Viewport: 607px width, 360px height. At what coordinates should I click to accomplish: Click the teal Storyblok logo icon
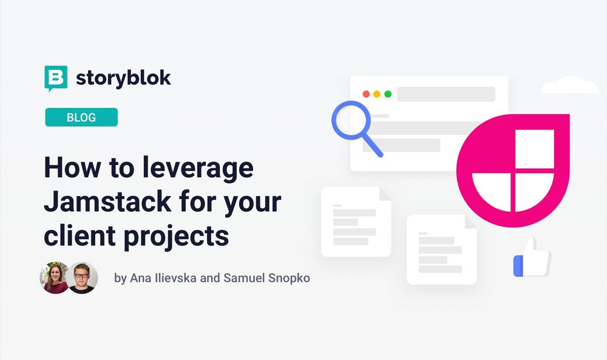pyautogui.click(x=56, y=78)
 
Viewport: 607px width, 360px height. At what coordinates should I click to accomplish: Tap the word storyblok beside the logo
pyautogui.click(x=123, y=78)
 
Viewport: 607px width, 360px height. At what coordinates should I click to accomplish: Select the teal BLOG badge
pyautogui.click(x=81, y=117)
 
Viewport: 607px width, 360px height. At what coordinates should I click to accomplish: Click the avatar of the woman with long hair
pyautogui.click(x=55, y=278)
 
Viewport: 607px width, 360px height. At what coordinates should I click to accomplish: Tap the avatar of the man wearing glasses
pyautogui.click(x=82, y=278)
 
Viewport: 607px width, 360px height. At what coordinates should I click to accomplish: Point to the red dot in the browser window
pyautogui.click(x=366, y=94)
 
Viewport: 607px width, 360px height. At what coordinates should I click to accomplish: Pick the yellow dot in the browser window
pyautogui.click(x=377, y=94)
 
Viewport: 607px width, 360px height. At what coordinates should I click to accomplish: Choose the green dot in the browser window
pyautogui.click(x=388, y=94)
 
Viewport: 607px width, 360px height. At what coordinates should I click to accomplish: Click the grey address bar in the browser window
pyautogui.click(x=446, y=94)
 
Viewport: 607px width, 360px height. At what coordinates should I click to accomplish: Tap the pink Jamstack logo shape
pyautogui.click(x=513, y=170)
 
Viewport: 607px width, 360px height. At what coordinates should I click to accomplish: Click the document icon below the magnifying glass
pyautogui.click(x=356, y=221)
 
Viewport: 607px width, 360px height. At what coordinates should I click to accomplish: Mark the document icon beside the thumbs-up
pyautogui.click(x=441, y=249)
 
